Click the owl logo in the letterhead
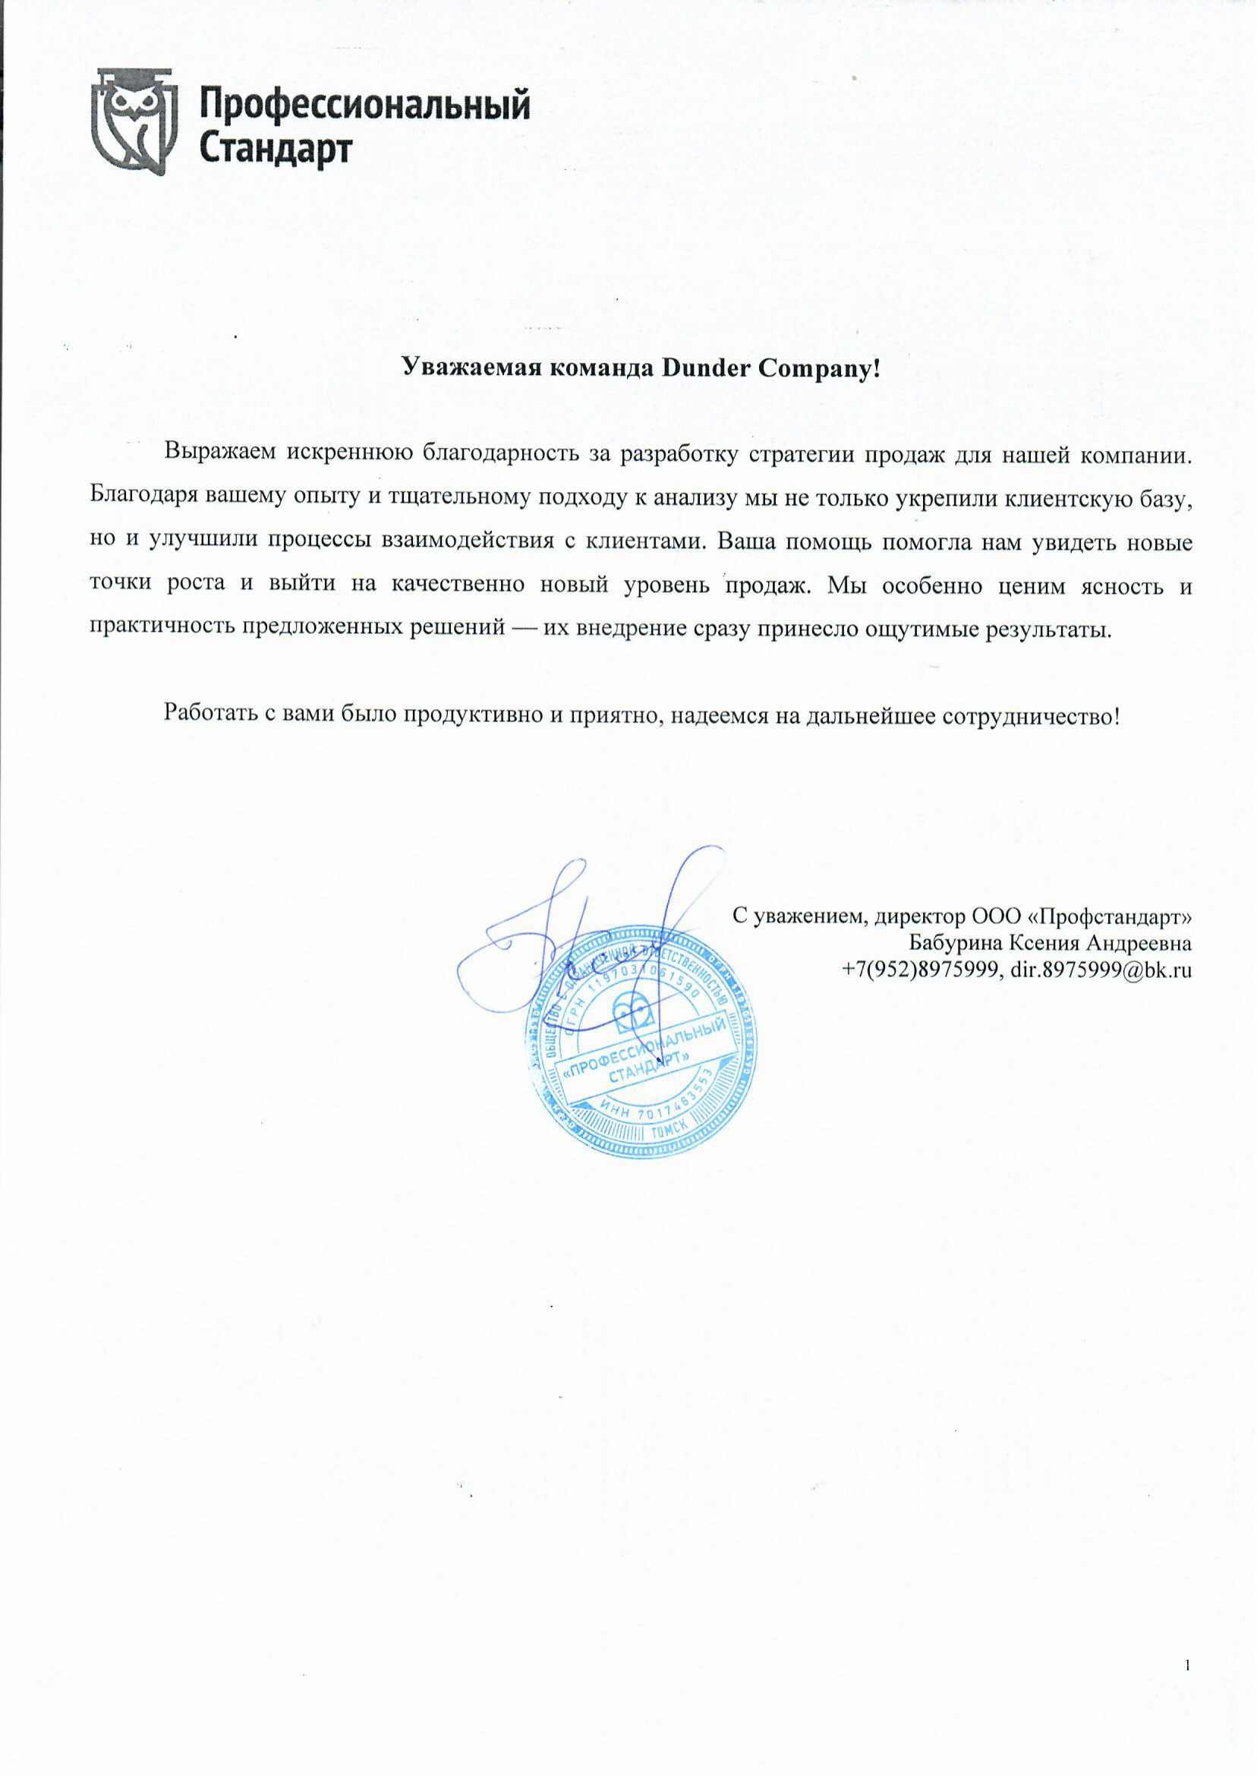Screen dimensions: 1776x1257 [134, 121]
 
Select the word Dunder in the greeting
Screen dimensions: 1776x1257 [704, 368]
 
